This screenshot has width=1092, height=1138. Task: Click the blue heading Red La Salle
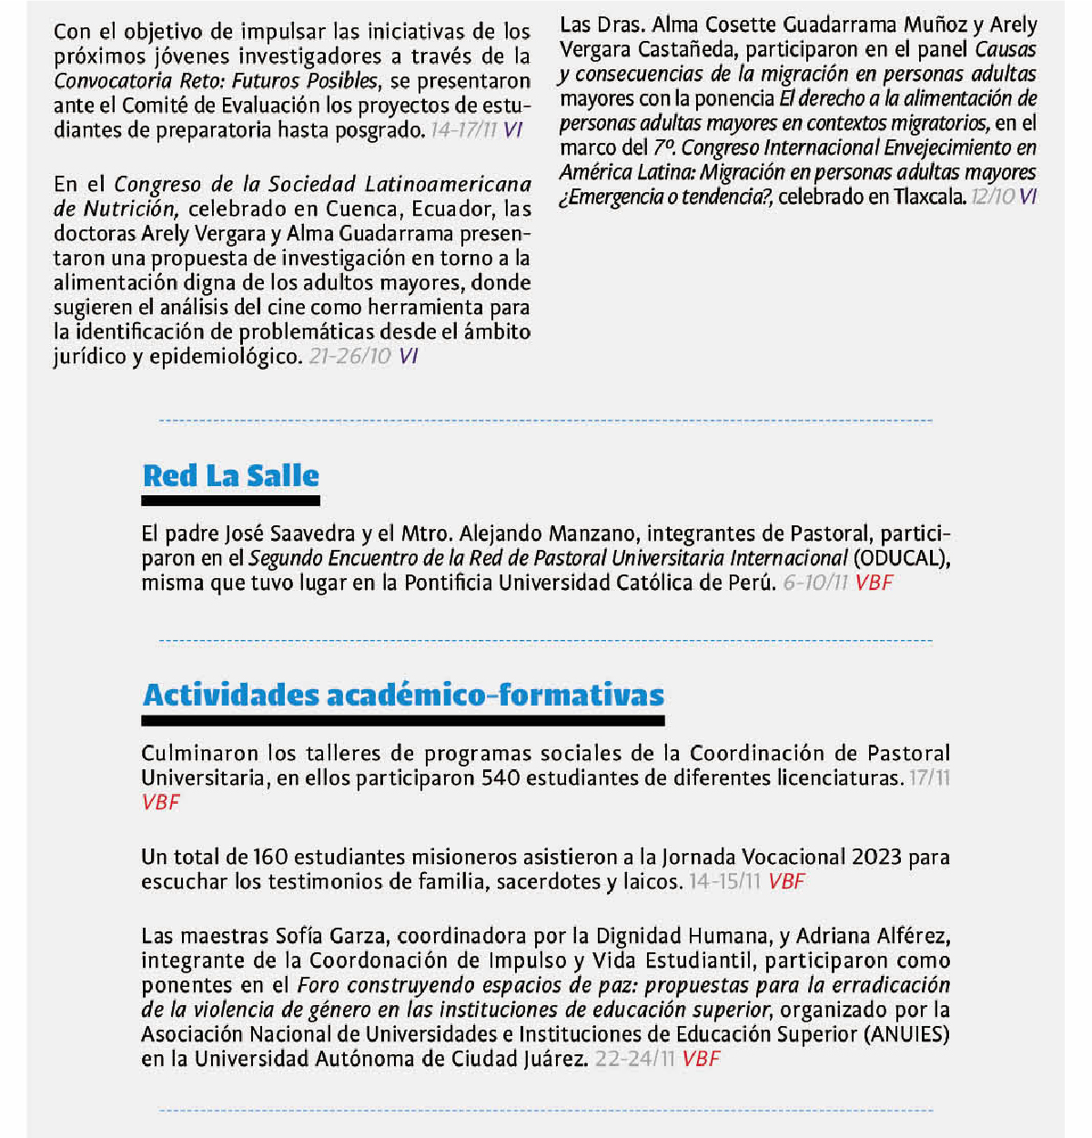[x=231, y=475]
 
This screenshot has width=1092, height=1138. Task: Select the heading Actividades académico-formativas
[x=403, y=695]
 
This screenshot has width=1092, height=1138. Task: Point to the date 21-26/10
[x=350, y=357]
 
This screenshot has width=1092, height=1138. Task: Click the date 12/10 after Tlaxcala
[x=992, y=197]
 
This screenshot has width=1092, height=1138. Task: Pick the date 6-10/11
[x=815, y=583]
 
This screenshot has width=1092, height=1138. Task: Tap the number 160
[x=270, y=858]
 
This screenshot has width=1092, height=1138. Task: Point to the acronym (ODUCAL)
[x=902, y=558]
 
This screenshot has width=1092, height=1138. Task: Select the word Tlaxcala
[x=929, y=197]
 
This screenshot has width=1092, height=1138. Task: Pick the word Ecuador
[x=452, y=209]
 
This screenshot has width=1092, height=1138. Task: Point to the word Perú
[x=751, y=583]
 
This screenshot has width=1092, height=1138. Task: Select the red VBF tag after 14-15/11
[x=786, y=882]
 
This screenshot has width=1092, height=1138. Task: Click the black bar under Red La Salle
[x=230, y=501]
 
